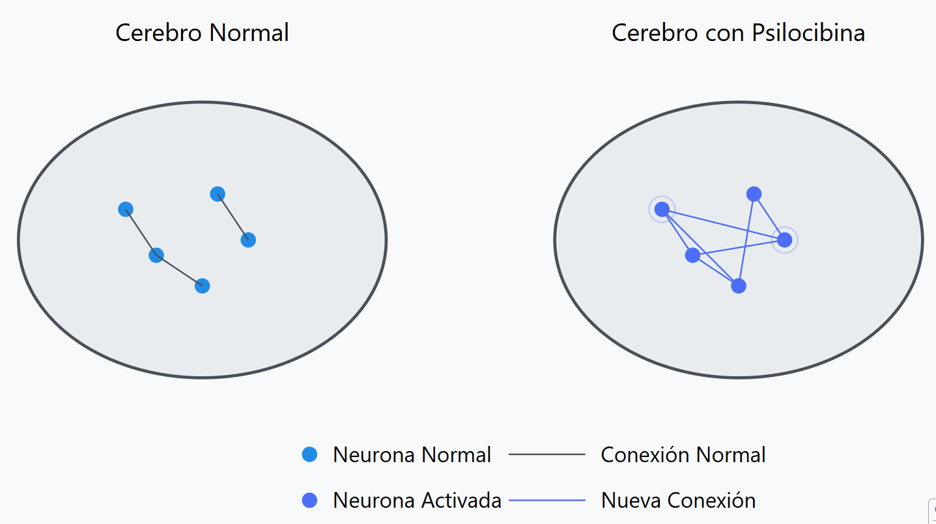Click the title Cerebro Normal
pyautogui.click(x=202, y=33)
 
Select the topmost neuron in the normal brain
pyautogui.click(x=218, y=194)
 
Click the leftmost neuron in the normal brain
pyautogui.click(x=126, y=209)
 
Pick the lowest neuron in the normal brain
pyautogui.click(x=202, y=286)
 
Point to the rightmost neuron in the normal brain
pyautogui.click(x=248, y=240)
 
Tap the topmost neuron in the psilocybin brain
pyautogui.click(x=754, y=194)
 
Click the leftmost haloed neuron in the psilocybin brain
pyautogui.click(x=662, y=209)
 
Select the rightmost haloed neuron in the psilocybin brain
pyautogui.click(x=785, y=240)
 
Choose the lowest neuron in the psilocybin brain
pyautogui.click(x=738, y=286)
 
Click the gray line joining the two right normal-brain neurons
pyautogui.click(x=233, y=217)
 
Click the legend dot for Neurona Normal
pyautogui.click(x=310, y=454)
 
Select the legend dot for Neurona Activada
pyautogui.click(x=310, y=500)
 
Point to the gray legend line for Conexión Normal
pyautogui.click(x=547, y=454)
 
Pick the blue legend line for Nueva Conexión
pyautogui.click(x=547, y=500)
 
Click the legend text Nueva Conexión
pyautogui.click(x=678, y=500)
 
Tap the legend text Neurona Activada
pyautogui.click(x=417, y=500)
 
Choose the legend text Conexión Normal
pyautogui.click(x=683, y=454)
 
